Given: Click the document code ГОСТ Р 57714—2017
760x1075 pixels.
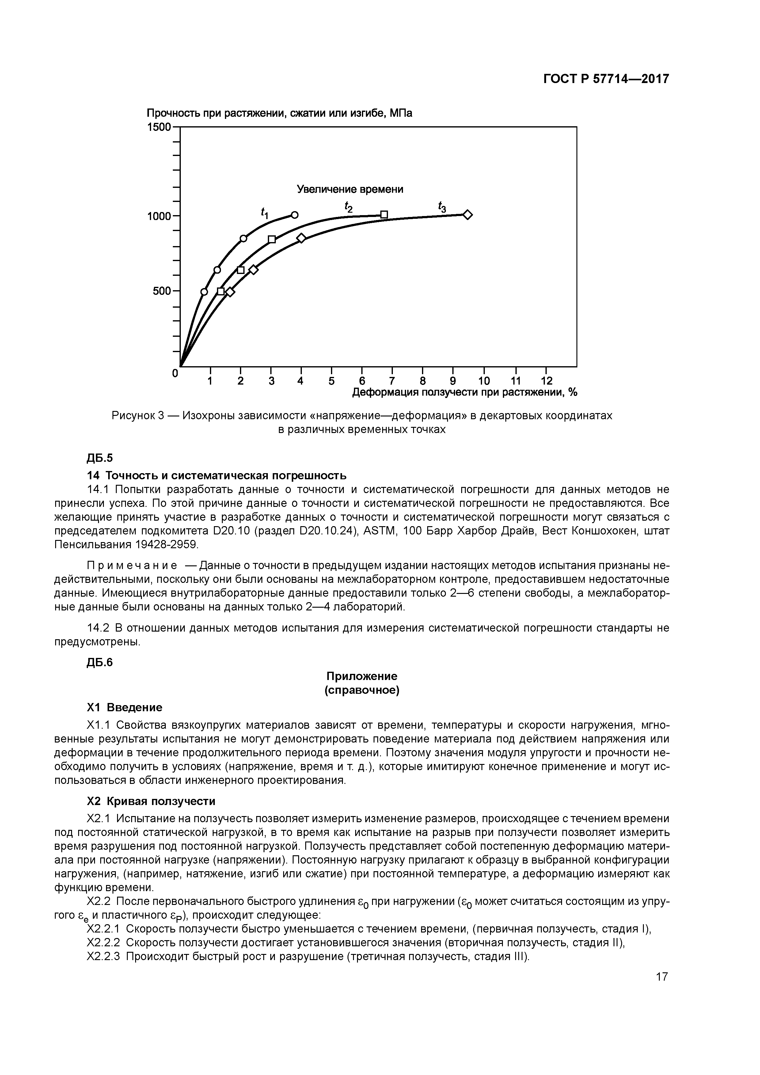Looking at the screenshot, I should (x=606, y=79).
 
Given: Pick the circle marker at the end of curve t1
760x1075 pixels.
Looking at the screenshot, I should (x=294, y=215).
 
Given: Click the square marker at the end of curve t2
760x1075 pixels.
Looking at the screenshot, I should (x=384, y=215).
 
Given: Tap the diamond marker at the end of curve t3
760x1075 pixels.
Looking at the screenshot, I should (x=467, y=215).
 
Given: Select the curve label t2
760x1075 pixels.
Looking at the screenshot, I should (x=348, y=207).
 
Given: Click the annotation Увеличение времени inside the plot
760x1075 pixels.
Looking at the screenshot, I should (x=350, y=189).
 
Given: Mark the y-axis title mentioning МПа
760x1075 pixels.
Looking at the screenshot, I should (x=279, y=113).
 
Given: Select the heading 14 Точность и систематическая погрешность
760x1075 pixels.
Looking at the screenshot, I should (x=217, y=476).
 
